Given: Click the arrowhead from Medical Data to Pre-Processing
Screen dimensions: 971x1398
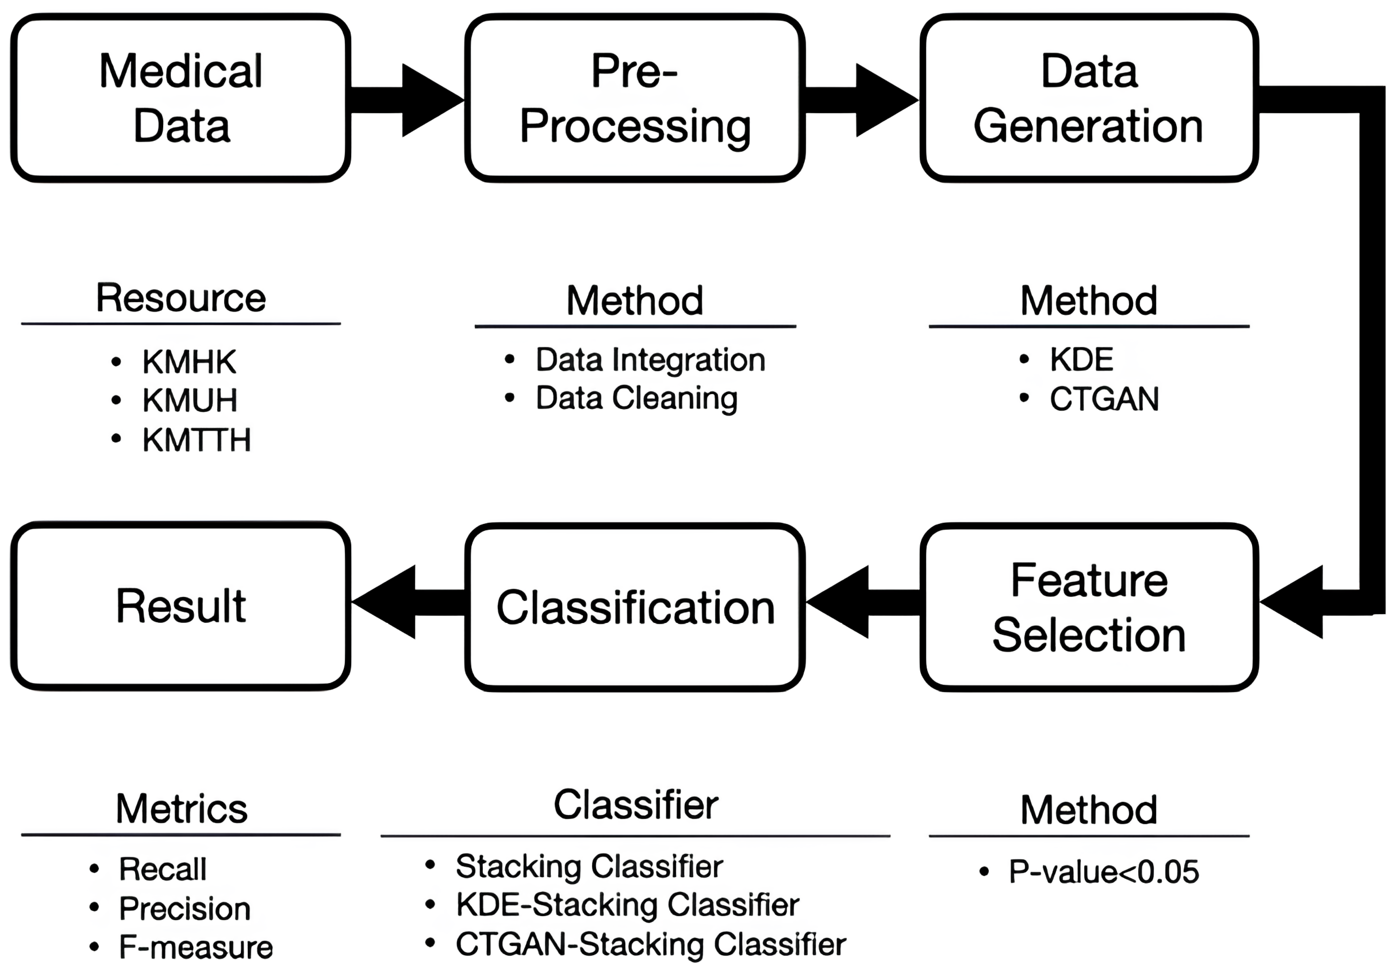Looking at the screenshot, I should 430,100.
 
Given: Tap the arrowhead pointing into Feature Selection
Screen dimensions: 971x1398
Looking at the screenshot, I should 1293,602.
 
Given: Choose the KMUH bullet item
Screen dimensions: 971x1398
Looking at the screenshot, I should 189,400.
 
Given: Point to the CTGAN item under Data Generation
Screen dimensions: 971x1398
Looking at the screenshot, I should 1103,399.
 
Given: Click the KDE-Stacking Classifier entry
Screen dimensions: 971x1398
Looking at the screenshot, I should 627,905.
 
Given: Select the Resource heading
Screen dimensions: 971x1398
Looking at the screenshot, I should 181,298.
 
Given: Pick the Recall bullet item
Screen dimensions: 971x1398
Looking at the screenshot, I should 163,869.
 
